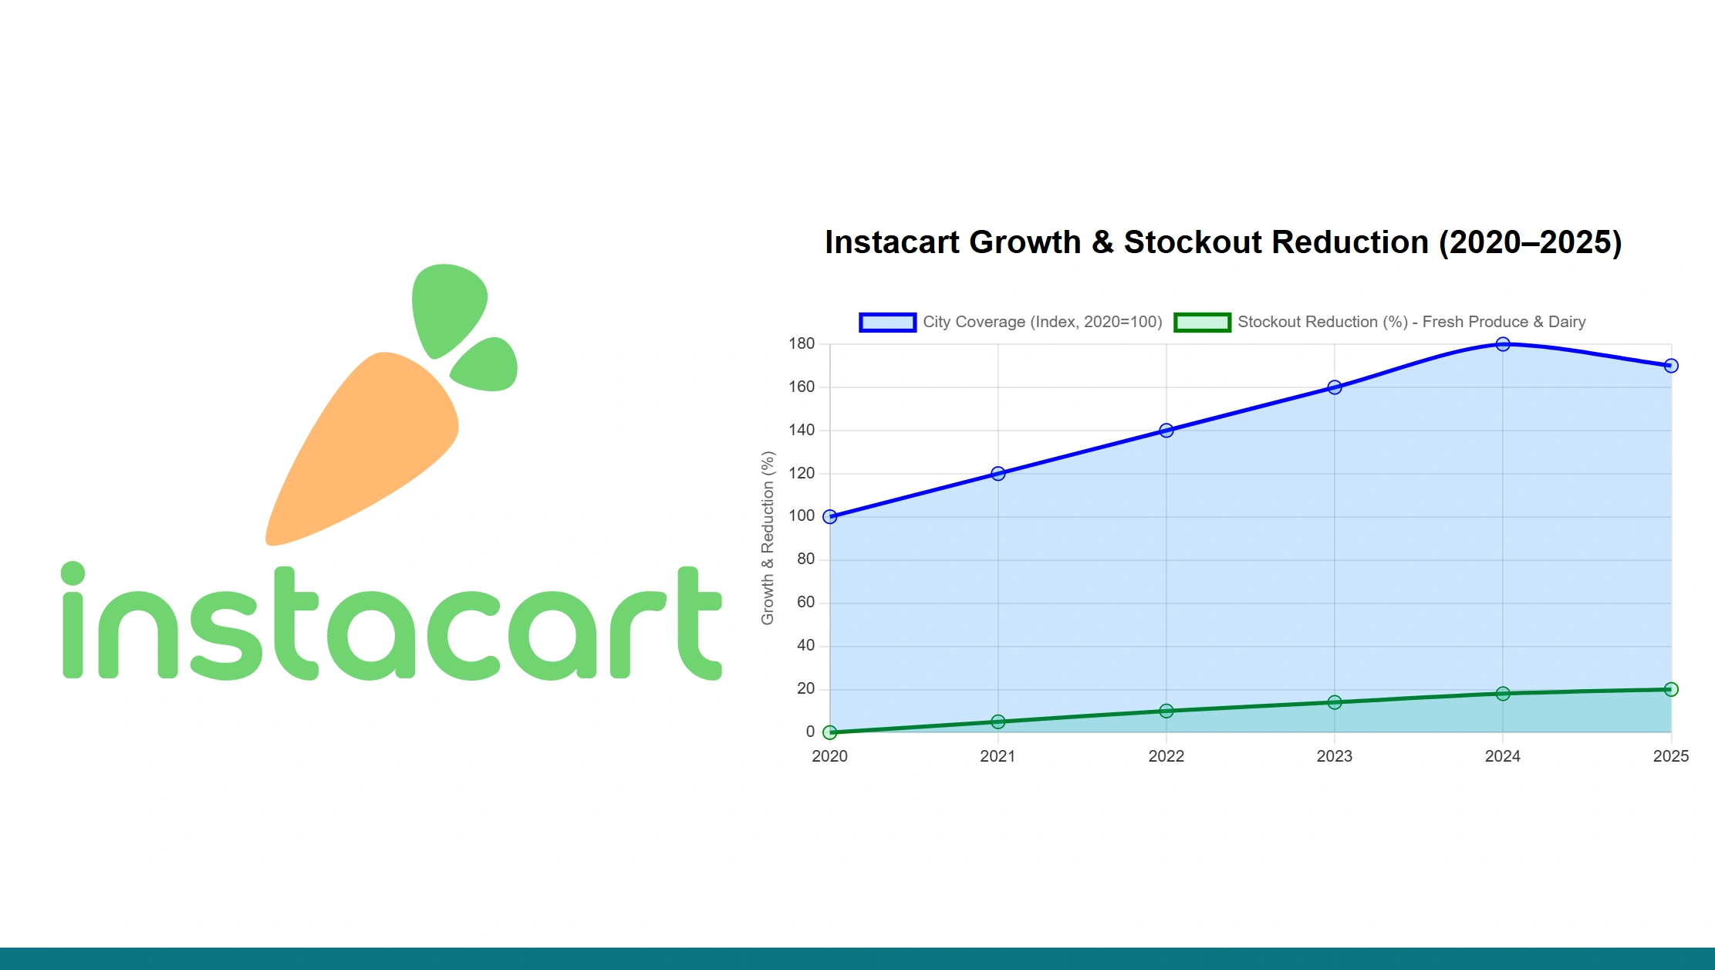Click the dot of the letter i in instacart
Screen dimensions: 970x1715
tap(73, 573)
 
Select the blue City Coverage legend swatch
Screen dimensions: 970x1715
tap(887, 323)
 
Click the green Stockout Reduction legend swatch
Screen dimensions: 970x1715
tap(1202, 323)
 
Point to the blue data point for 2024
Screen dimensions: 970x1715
tap(1503, 344)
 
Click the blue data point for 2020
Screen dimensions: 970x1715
tap(830, 517)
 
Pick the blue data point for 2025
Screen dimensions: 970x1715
tap(1671, 366)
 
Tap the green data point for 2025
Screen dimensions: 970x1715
tap(1671, 689)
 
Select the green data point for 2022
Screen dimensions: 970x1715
tap(1166, 711)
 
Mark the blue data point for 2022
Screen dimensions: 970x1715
tap(1166, 431)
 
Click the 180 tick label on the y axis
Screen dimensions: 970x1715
tap(802, 344)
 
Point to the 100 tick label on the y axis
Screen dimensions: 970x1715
tap(802, 516)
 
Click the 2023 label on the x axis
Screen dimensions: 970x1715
tap(1335, 756)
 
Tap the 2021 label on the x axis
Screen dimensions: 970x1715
tap(998, 756)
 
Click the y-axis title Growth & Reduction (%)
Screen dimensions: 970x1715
tap(768, 538)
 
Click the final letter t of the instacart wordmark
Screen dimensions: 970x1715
tap(698, 625)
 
